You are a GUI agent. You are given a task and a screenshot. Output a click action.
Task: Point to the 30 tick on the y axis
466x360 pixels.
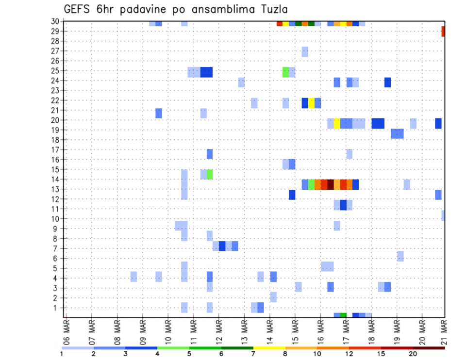click(56, 21)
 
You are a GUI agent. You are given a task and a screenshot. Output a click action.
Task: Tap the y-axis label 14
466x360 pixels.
click(56, 180)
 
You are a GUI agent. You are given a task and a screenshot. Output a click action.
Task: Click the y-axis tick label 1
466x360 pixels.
click(58, 308)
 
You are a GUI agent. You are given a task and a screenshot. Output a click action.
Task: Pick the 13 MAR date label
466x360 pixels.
click(244, 331)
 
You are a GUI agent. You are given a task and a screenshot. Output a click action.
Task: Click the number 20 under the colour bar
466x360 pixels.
click(413, 353)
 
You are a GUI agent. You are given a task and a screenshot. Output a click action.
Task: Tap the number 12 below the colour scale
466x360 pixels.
click(349, 353)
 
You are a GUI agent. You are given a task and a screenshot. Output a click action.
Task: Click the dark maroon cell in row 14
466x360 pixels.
click(331, 184)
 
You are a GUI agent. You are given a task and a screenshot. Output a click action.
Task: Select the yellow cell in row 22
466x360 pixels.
click(311, 103)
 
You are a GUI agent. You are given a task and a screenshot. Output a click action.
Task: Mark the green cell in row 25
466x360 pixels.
click(286, 72)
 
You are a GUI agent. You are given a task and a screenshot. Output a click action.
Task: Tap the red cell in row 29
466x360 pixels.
click(443, 32)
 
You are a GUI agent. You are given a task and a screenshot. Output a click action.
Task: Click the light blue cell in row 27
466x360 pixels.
click(305, 51)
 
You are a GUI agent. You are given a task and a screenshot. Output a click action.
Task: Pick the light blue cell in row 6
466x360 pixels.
click(400, 256)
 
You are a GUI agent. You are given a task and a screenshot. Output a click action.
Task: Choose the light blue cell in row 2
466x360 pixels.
click(273, 296)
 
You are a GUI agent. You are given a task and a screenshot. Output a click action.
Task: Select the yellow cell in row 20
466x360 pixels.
click(337, 123)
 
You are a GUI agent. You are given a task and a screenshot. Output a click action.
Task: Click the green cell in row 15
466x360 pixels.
click(210, 174)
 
